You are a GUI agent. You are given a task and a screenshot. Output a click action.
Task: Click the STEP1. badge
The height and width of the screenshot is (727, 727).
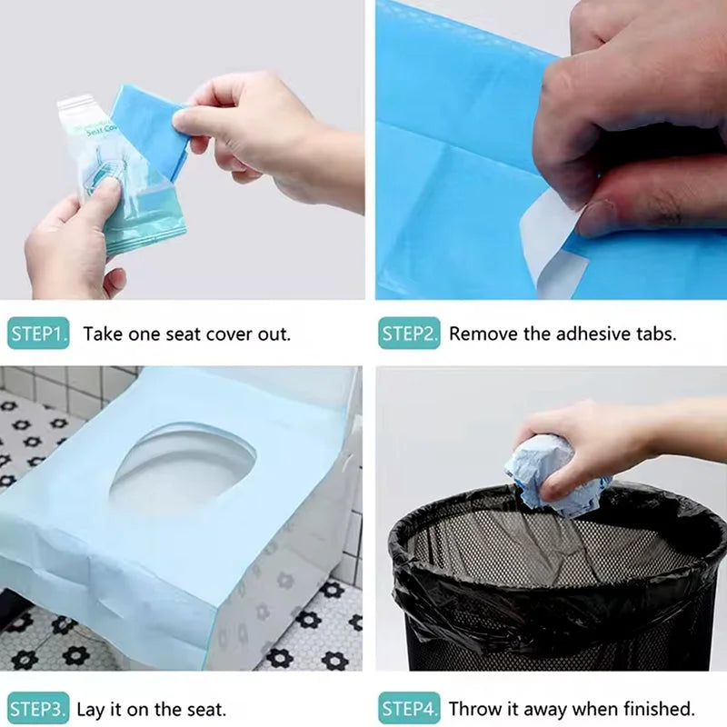click(38, 334)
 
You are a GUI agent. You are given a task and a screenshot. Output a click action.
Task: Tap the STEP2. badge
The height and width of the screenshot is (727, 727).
click(409, 334)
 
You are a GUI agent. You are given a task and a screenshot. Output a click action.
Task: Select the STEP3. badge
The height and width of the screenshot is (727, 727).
click(38, 709)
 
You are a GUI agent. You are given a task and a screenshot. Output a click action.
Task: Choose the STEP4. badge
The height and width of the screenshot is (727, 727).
click(409, 709)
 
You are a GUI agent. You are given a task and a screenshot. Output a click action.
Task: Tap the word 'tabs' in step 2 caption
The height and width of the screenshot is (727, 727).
click(654, 334)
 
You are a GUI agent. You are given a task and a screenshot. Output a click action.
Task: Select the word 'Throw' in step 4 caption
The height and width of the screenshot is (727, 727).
click(475, 709)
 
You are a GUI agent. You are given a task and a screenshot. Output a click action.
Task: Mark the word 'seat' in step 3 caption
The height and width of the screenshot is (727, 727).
click(191, 709)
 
